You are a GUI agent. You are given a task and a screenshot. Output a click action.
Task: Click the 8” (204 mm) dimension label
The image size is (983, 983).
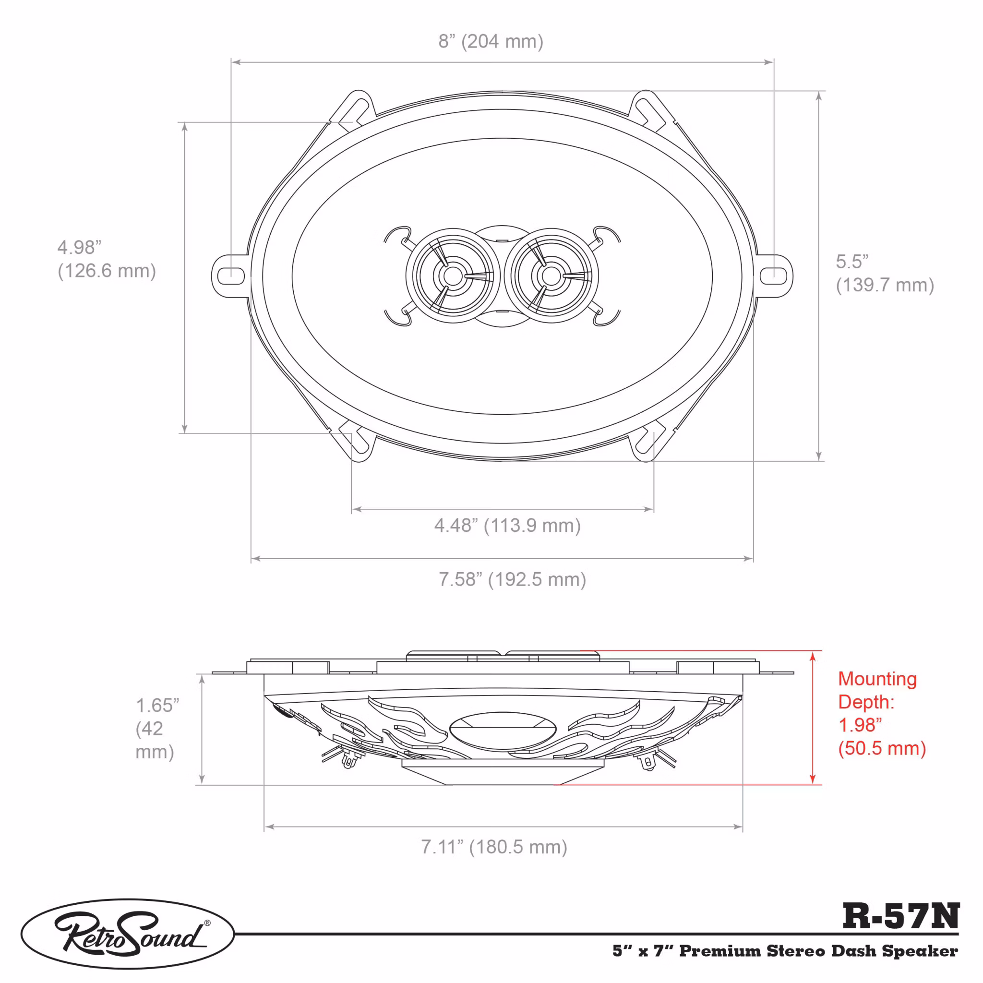[x=491, y=41]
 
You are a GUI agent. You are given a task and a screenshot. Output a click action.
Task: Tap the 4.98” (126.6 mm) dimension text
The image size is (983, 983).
[x=107, y=259]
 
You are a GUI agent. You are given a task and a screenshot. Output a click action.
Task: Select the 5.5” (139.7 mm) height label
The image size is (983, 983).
[x=885, y=273]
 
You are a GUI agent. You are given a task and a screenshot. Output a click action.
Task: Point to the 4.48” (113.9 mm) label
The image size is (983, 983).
[x=507, y=526]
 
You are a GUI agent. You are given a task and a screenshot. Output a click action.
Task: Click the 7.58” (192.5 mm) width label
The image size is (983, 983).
[x=512, y=579]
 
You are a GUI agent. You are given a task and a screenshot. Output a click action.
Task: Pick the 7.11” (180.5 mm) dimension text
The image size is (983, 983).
[x=494, y=847]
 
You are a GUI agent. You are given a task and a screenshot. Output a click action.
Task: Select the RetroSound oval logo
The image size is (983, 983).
[x=128, y=934]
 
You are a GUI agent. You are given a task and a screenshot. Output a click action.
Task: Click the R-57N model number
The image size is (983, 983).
[x=900, y=916]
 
